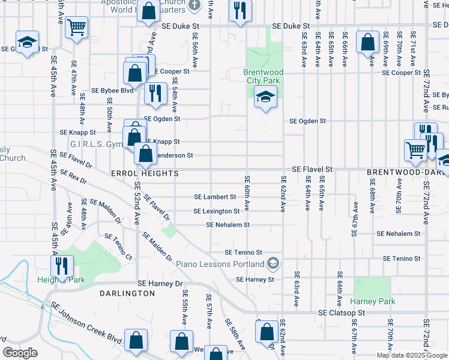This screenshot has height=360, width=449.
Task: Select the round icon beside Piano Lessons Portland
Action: pos(273,263)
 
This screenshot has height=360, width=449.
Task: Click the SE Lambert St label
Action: pos(215,197)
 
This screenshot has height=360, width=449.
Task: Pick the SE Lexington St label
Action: pos(216,211)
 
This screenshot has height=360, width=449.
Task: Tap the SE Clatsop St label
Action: pos(341,313)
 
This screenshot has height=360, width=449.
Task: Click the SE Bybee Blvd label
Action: pos(112,91)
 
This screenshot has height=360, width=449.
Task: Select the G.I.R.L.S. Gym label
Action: pos(96,145)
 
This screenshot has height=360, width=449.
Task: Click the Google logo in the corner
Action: pos(20,353)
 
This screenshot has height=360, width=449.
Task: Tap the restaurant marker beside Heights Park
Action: pos(62,265)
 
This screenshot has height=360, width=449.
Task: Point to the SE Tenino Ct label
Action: pos(118,247)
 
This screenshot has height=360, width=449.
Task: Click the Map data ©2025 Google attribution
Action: pos(411,355)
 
